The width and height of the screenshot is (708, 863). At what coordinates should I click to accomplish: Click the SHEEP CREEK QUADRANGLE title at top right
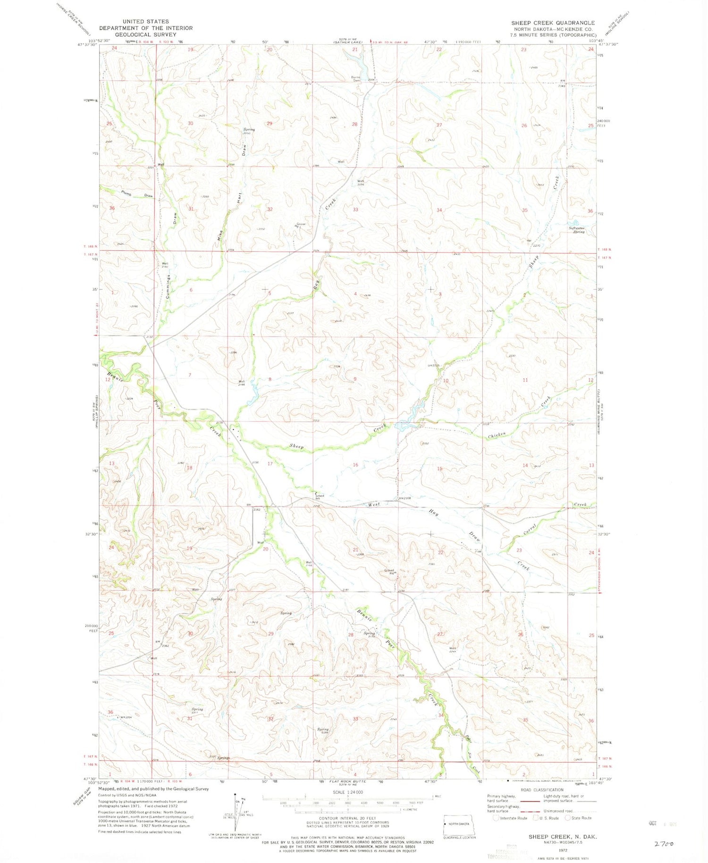click(x=553, y=23)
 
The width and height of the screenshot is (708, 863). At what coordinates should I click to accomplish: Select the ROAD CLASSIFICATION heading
click(x=542, y=790)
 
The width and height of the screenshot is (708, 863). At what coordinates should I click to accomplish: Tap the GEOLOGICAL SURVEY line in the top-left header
click(x=146, y=34)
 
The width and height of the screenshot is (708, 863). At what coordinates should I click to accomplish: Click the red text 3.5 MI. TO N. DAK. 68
click(x=389, y=42)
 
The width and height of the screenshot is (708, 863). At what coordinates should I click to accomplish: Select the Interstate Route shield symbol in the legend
click(x=495, y=818)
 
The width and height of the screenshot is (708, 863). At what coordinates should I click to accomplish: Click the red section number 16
click(x=355, y=465)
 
